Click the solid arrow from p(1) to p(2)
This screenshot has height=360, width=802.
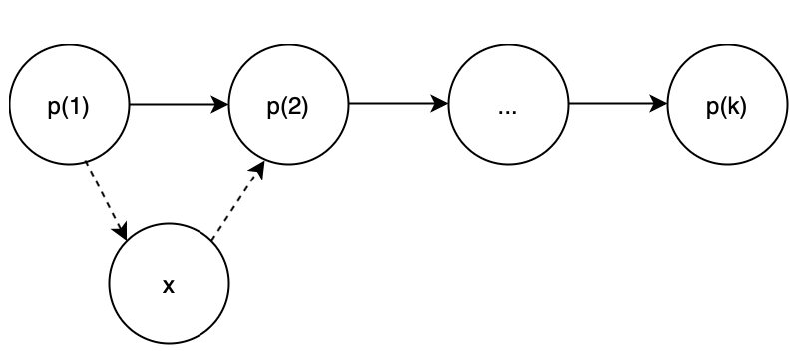[x=179, y=105]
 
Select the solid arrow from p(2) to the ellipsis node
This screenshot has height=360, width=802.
[x=398, y=104]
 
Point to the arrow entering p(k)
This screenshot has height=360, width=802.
[x=617, y=104]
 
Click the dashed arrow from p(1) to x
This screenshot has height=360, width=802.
[x=106, y=200]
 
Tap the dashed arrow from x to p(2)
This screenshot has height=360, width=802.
[x=238, y=200]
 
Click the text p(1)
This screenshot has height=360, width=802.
[x=69, y=108]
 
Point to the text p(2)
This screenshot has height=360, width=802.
[x=288, y=108]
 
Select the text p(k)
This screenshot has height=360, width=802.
[x=726, y=108]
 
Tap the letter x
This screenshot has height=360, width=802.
[x=169, y=287]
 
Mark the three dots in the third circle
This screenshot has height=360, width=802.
[x=507, y=112]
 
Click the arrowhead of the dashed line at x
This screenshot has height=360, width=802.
[x=122, y=231]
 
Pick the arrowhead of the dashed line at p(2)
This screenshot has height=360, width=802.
[x=258, y=170]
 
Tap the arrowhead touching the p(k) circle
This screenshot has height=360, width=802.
[x=659, y=104]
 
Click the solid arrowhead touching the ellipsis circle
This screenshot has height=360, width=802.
[x=440, y=104]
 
